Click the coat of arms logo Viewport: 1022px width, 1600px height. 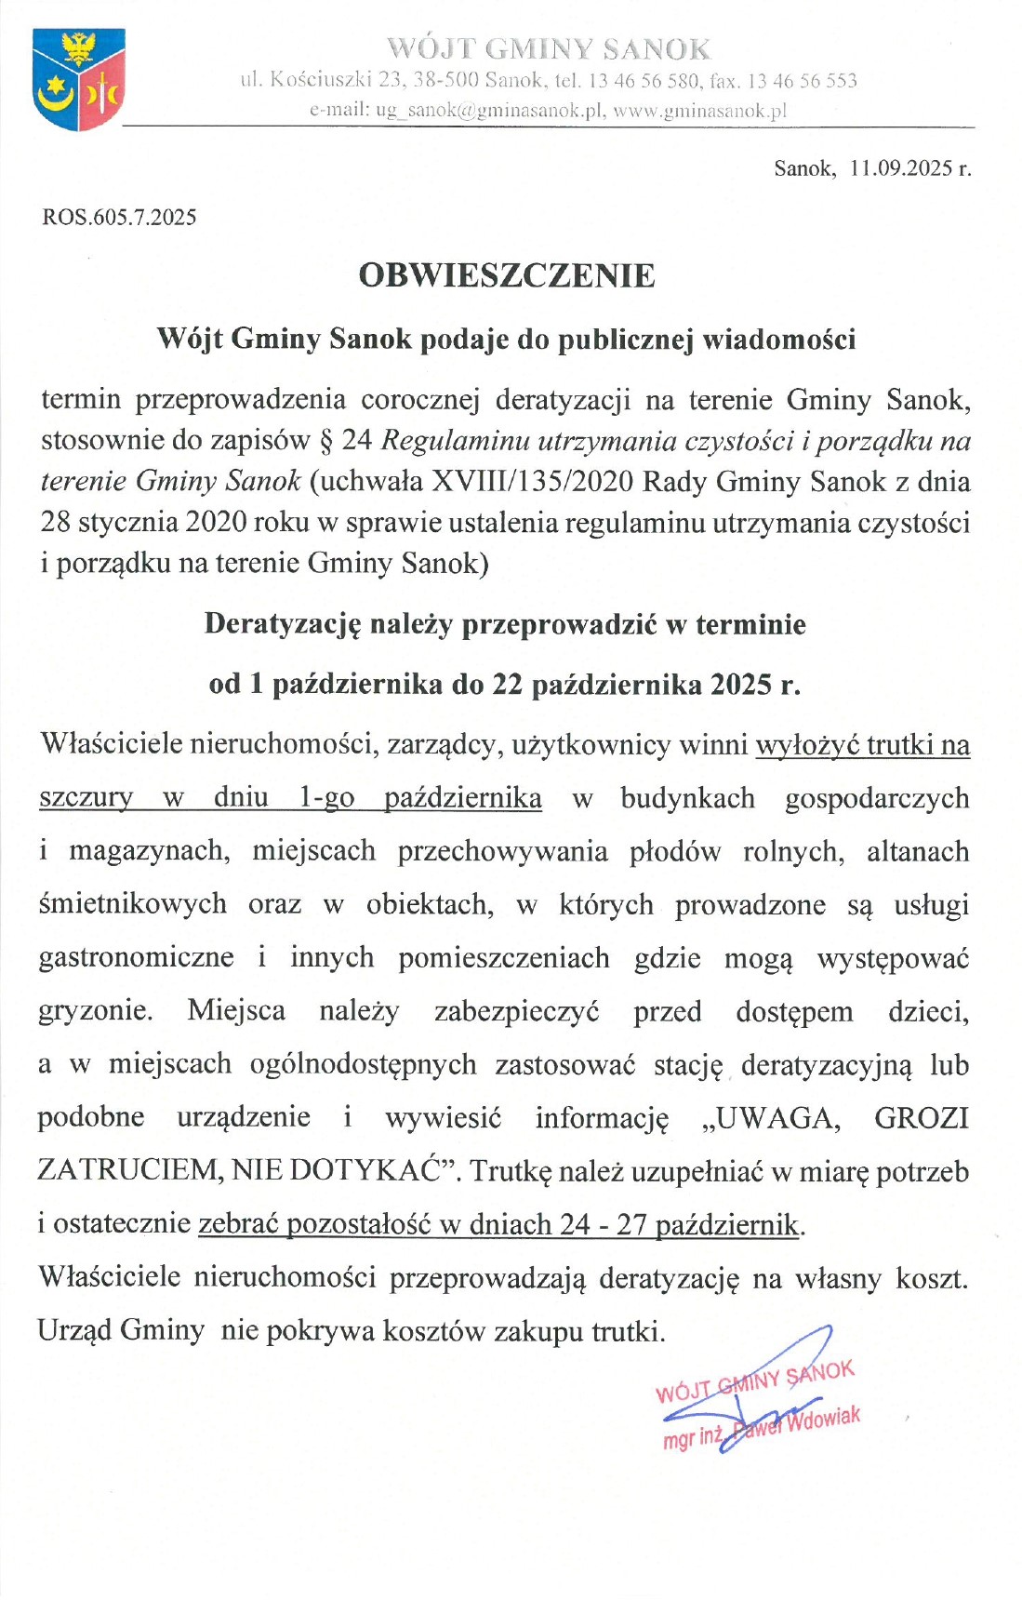[x=78, y=79]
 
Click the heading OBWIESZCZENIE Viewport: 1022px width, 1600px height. [x=507, y=275]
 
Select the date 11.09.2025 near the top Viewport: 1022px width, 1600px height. [x=901, y=168]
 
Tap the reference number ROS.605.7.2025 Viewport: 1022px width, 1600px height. [x=119, y=218]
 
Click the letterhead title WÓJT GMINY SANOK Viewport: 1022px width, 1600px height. [x=548, y=48]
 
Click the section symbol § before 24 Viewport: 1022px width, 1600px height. [x=325, y=440]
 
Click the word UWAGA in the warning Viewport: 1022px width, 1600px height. [x=771, y=1117]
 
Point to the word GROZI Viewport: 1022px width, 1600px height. [x=921, y=1117]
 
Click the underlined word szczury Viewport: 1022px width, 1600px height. [x=85, y=798]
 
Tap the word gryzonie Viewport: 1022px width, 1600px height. [x=95, y=1010]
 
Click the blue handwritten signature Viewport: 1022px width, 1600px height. [x=763, y=1386]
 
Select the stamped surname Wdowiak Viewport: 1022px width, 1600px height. [x=822, y=1420]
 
